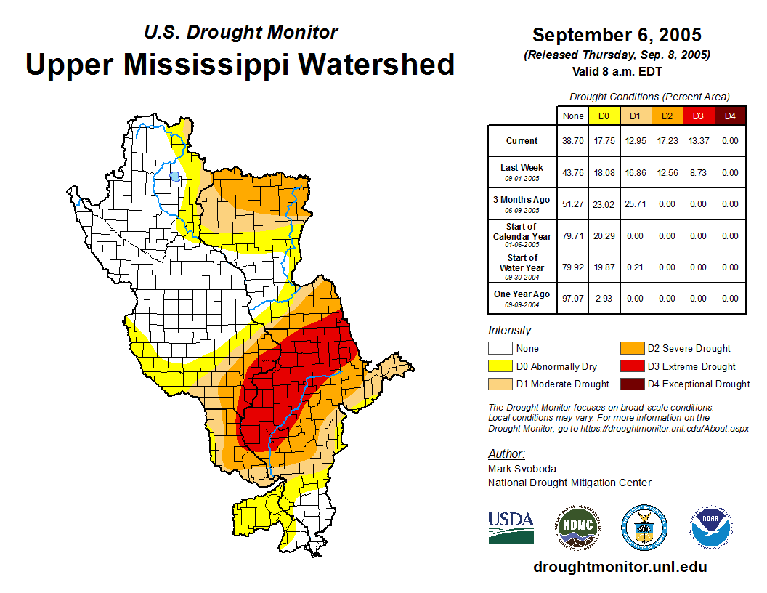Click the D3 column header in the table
click(x=698, y=116)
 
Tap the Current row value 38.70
click(x=573, y=141)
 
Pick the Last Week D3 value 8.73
click(x=698, y=173)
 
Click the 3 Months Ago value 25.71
click(x=636, y=204)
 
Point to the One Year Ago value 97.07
click(x=573, y=298)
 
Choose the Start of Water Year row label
click(x=522, y=263)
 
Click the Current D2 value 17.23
click(x=667, y=141)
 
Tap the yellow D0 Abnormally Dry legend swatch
click(x=500, y=366)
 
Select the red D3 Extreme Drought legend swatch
click(x=632, y=366)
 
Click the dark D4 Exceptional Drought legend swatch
click(x=632, y=384)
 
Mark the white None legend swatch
click(x=500, y=349)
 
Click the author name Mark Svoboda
click(x=522, y=469)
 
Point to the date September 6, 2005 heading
click(x=617, y=35)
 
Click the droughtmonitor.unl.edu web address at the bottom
click(x=620, y=567)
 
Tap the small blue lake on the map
click(x=174, y=176)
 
